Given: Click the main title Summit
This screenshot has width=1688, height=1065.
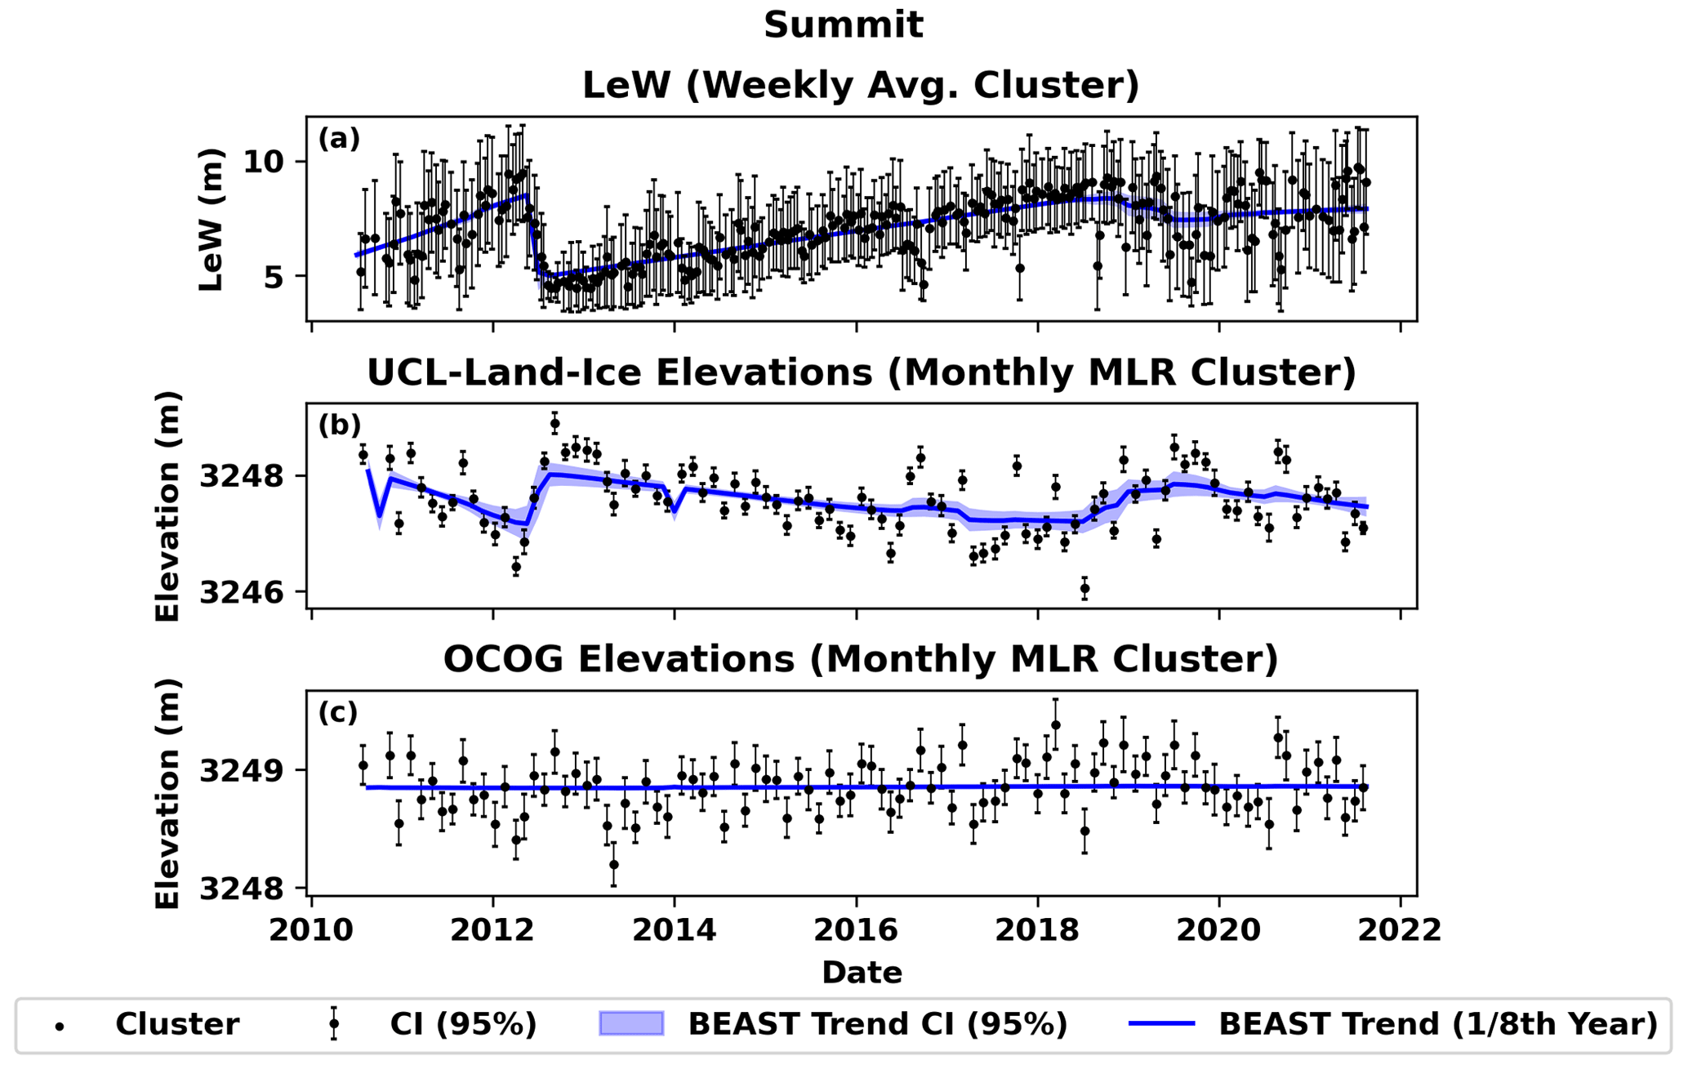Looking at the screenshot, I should (844, 25).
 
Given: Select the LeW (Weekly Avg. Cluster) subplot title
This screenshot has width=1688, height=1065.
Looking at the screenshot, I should (861, 86).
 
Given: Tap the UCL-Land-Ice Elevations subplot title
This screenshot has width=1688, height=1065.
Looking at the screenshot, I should (861, 373).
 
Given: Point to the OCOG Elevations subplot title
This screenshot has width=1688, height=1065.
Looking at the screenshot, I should (861, 660).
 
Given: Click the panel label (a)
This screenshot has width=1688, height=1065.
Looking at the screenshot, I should (339, 139).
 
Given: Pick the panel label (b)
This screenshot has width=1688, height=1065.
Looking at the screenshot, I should (339, 426).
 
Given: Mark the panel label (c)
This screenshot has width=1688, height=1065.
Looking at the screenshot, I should (338, 713).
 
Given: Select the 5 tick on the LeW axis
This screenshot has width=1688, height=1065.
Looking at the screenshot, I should (272, 276).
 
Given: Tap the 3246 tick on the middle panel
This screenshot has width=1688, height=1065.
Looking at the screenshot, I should (241, 592).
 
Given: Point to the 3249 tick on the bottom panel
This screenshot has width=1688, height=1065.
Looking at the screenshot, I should (241, 770).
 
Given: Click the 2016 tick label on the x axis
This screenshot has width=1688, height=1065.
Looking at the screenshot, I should (856, 930).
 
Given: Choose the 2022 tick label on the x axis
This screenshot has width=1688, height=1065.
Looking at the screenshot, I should (1401, 930).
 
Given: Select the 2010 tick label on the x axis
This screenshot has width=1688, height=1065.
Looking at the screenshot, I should (311, 930).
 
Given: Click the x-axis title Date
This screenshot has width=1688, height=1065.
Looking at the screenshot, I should (862, 973).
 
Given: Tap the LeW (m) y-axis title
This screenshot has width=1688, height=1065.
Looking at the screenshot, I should (212, 219).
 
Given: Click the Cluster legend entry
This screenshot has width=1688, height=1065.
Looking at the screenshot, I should (176, 1024).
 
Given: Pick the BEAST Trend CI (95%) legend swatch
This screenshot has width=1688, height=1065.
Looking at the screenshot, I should (631, 1023).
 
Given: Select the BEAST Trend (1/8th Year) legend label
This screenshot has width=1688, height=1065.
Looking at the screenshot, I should (1438, 1024).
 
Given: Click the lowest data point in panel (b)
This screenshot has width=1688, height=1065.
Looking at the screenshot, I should (1085, 588).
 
